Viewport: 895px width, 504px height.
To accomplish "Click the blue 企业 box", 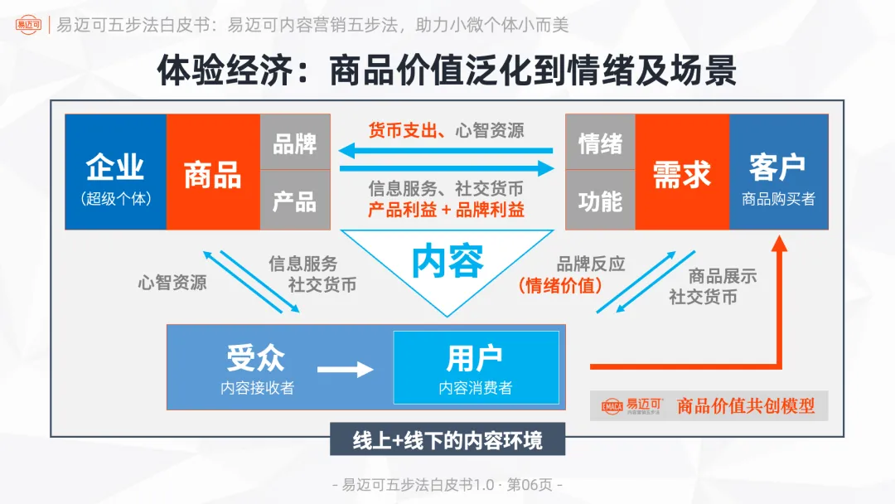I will coord(116,172).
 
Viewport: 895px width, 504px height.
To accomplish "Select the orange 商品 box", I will coord(213,172).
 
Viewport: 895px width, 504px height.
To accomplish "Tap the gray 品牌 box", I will coord(295,143).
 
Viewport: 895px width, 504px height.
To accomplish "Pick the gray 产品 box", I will coord(295,201).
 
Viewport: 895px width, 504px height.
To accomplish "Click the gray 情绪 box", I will coord(600,143).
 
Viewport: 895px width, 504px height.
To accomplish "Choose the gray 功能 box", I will coord(600,201).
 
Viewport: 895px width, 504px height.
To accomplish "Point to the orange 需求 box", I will coord(682,172).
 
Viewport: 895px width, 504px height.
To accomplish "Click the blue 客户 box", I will coord(778,172).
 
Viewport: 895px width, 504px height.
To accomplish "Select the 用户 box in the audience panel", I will coord(476,367).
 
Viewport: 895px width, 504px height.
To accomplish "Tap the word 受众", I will coord(256,358).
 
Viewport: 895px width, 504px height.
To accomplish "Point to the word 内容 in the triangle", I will coord(447,261).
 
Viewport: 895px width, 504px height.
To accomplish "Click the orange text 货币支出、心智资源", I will coord(446,130).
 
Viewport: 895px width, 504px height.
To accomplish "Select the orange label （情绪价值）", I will coord(560,286).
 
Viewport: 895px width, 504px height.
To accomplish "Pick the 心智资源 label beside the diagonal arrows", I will coord(172,282).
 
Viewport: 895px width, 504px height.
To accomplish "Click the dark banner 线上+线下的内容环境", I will coord(447,440).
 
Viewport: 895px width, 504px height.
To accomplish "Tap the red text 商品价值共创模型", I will coord(746,405).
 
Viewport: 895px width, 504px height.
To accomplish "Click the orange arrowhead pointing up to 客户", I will coord(778,245).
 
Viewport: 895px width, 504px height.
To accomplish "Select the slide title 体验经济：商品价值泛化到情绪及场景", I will coord(447,71).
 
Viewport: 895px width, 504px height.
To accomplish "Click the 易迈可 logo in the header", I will coord(31,26).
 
